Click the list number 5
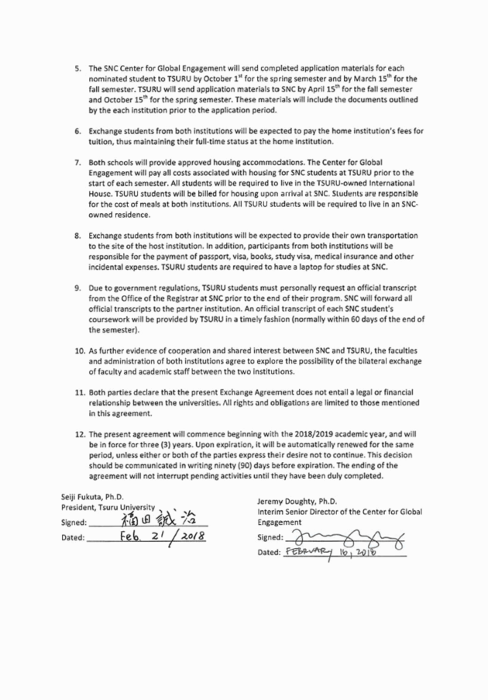pyautogui.click(x=77, y=69)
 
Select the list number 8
pyautogui.click(x=77, y=234)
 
